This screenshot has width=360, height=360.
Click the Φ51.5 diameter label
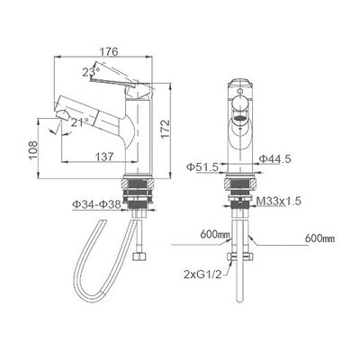click(x=209, y=168)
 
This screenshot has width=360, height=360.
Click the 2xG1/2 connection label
click(x=205, y=271)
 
